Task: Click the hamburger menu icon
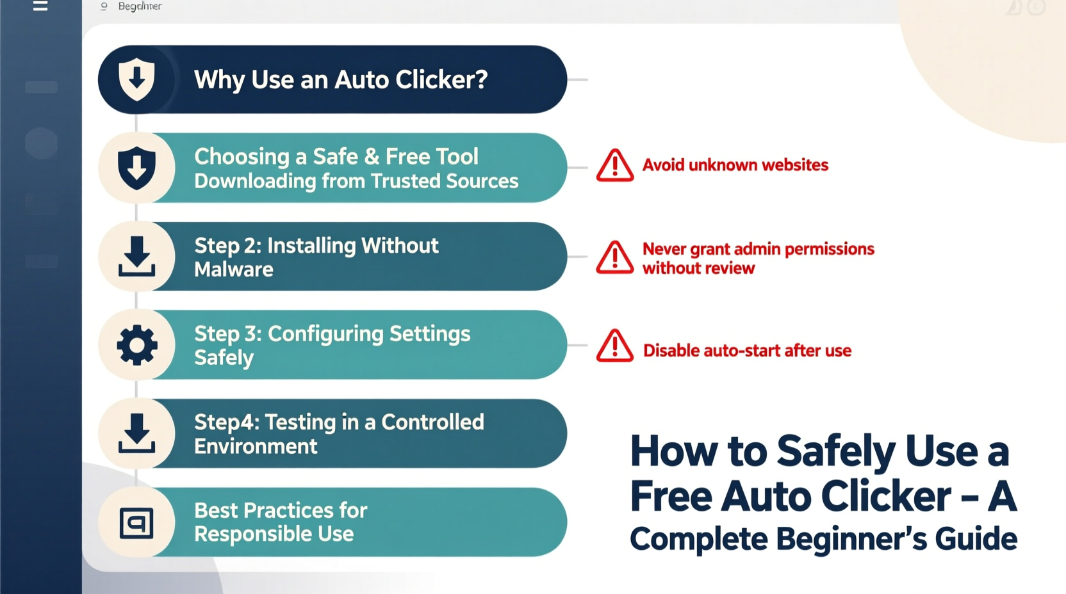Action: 40,6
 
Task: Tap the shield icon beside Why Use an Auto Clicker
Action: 136,79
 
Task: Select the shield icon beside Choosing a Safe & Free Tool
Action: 136,168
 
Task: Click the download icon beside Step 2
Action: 136,256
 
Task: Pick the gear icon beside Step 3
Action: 136,345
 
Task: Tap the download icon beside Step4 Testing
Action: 136,433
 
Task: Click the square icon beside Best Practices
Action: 136,522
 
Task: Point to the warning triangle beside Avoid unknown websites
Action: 615,166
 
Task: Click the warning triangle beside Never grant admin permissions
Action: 615,257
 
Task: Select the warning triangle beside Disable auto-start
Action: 615,346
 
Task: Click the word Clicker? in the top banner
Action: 441,80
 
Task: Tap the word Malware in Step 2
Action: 234,269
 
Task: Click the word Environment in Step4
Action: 256,446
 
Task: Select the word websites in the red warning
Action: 795,165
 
